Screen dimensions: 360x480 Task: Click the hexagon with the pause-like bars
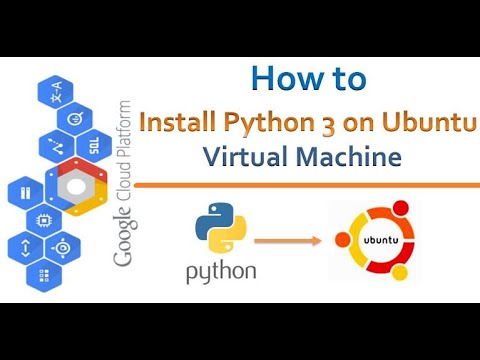point(25,190)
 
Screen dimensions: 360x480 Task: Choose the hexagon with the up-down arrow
point(24,246)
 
